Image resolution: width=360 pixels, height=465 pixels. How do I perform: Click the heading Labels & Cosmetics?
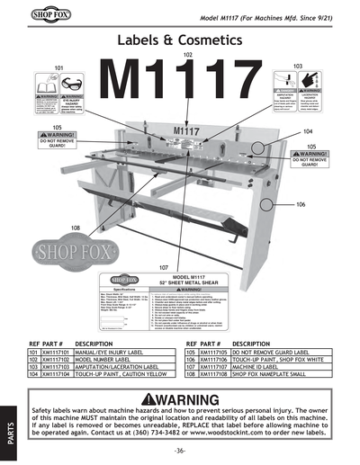pos(180,40)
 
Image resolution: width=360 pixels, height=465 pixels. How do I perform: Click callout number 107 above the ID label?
pos(164,267)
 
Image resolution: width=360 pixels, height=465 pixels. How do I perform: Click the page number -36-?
pos(180,449)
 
